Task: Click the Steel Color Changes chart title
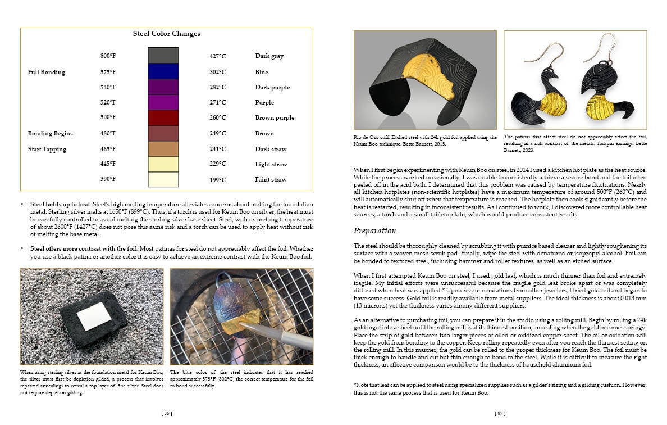click(166, 34)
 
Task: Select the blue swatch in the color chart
click(163, 71)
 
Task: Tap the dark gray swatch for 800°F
click(163, 55)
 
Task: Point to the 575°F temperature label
click(108, 72)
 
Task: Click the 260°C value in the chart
click(217, 117)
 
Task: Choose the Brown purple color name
click(275, 117)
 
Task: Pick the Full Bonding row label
click(46, 72)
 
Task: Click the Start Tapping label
click(47, 149)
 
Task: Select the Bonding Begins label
click(50, 133)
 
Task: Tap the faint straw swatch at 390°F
click(163, 179)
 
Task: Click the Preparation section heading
click(375, 230)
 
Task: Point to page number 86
click(166, 413)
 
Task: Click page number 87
click(500, 413)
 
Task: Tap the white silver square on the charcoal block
click(94, 316)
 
